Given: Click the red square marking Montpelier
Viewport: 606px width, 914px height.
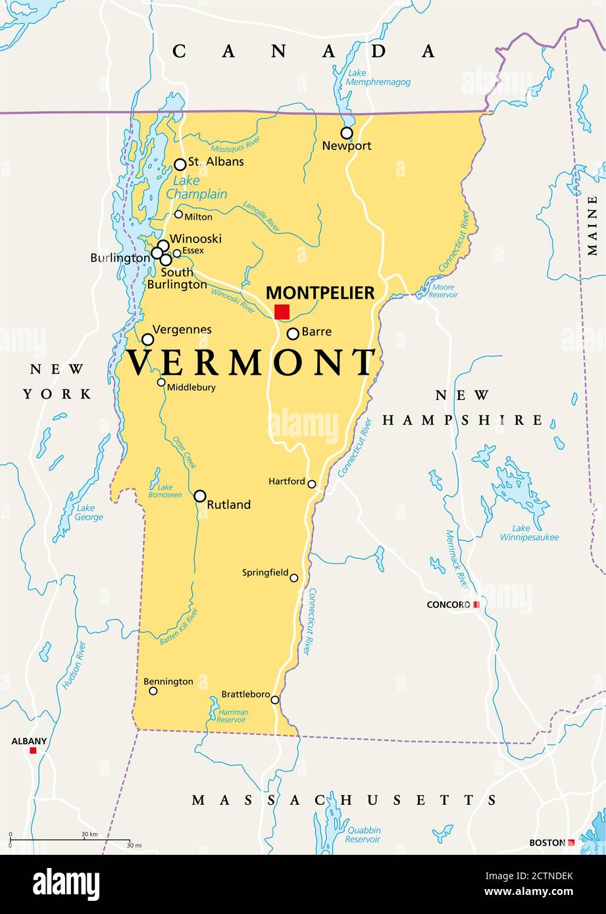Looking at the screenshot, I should [282, 312].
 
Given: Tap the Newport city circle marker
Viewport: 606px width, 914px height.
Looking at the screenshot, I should [347, 133].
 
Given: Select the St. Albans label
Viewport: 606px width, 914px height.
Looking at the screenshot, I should [216, 162].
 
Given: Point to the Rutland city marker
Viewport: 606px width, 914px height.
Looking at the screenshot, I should [200, 496].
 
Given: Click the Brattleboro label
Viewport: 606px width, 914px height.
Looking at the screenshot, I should [245, 694].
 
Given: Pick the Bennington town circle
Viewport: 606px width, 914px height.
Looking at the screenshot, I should [153, 690].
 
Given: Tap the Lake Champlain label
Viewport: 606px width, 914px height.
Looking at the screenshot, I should [196, 188].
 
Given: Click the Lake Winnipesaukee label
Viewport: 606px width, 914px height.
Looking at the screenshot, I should [535, 533].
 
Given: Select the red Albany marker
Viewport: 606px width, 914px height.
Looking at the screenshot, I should [33, 750].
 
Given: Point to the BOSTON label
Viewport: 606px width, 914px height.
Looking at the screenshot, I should [547, 842].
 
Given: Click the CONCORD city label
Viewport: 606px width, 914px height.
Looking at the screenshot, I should [449, 604].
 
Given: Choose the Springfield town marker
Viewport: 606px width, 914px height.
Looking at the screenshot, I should [294, 578].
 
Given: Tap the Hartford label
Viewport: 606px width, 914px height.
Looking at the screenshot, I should [287, 481].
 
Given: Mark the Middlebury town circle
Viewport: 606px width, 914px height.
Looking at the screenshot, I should [161, 382].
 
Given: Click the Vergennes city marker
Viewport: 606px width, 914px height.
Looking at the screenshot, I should [148, 339].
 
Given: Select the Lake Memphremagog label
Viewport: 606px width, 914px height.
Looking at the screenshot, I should [379, 78].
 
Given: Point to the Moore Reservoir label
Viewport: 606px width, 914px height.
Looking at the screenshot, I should [443, 291].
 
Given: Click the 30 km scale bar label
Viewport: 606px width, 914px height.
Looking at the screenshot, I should [89, 834].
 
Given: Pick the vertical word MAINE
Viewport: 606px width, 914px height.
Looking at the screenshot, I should [593, 230].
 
